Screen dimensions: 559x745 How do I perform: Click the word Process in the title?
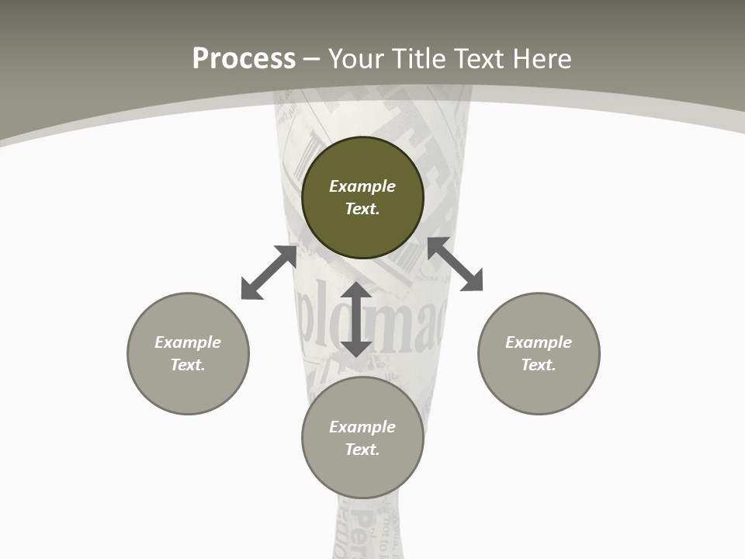(x=244, y=59)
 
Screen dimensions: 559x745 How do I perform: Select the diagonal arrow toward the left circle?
(x=269, y=272)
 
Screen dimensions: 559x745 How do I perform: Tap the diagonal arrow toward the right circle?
(x=455, y=264)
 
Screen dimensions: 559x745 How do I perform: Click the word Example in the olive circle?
(x=362, y=186)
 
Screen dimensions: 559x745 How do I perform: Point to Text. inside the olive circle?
(x=362, y=209)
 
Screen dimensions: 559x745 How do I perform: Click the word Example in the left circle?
(x=188, y=342)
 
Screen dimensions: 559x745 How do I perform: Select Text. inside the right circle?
(x=539, y=365)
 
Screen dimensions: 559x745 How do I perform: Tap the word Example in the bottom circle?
(x=362, y=427)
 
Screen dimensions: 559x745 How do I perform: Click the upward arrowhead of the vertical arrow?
(x=356, y=291)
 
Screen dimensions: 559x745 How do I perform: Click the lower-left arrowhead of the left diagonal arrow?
(x=249, y=291)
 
